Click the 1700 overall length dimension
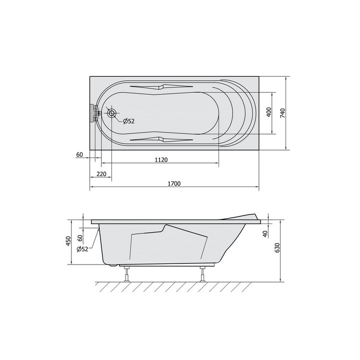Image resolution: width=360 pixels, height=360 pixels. [x=174, y=183]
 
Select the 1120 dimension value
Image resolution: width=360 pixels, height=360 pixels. [x=161, y=160]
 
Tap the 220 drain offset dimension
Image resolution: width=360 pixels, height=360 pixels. [x=101, y=174]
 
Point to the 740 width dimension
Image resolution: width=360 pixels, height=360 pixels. [x=282, y=113]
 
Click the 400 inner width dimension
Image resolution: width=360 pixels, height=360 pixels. [x=269, y=112]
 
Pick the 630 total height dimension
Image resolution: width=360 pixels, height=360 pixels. [x=277, y=247]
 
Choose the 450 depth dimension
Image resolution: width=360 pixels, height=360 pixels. [x=68, y=241]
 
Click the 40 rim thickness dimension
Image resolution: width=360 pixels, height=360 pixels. [x=265, y=234]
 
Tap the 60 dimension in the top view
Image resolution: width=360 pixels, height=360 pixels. [x=79, y=154]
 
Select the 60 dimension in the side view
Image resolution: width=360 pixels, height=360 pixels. [x=80, y=238]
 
